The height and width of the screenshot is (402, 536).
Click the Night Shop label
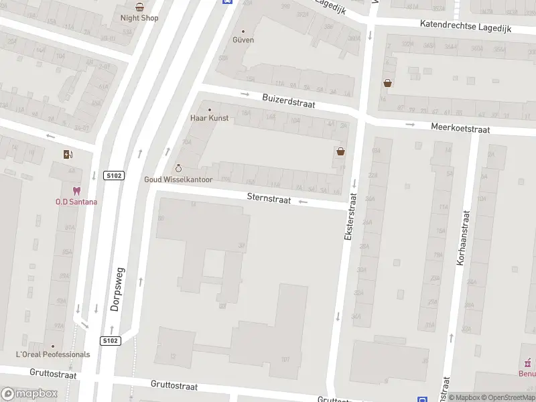coord(139,18)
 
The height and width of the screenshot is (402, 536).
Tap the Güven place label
coord(243,40)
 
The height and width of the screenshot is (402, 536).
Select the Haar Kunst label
coord(209,118)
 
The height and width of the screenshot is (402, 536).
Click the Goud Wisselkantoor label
coord(178,180)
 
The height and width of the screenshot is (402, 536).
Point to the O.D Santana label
coord(76,202)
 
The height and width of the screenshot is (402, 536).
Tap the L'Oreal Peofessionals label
coord(53,354)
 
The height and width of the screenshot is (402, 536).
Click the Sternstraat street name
coord(269,198)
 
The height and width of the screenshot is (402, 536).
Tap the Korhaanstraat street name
coord(462,238)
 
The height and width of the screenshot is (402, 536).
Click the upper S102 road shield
coord(114,176)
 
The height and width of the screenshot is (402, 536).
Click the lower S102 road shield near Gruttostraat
coord(111,341)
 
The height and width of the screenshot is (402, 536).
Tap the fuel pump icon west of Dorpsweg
coord(68,155)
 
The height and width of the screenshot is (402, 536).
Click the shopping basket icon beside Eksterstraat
coord(341,152)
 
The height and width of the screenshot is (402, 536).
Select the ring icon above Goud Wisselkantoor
coord(178,168)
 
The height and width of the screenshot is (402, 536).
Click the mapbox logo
coord(30,393)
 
